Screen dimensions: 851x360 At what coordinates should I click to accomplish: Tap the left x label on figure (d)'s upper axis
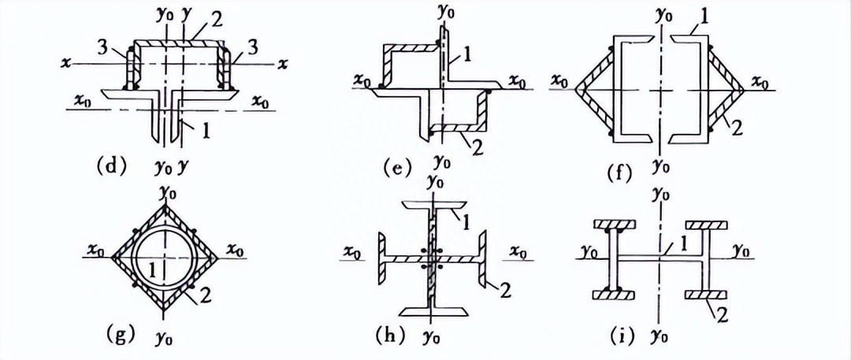coord(65,64)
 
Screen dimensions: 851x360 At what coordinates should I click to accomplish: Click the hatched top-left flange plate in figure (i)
coord(615,225)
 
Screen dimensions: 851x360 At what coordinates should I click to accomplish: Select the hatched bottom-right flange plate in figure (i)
coord(706,295)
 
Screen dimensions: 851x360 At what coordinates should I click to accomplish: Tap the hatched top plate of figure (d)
coord(180,43)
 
